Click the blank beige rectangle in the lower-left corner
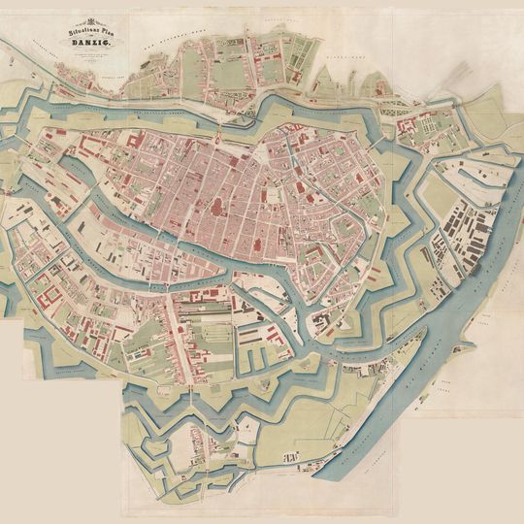[x=58, y=446]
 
